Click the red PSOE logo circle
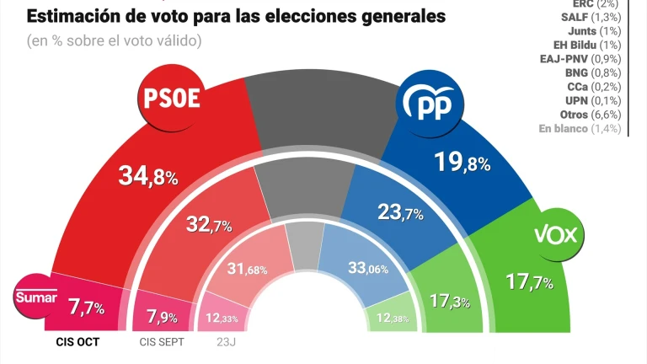coord(174,99)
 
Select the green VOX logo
coord(556,234)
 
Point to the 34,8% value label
coord(148,176)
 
